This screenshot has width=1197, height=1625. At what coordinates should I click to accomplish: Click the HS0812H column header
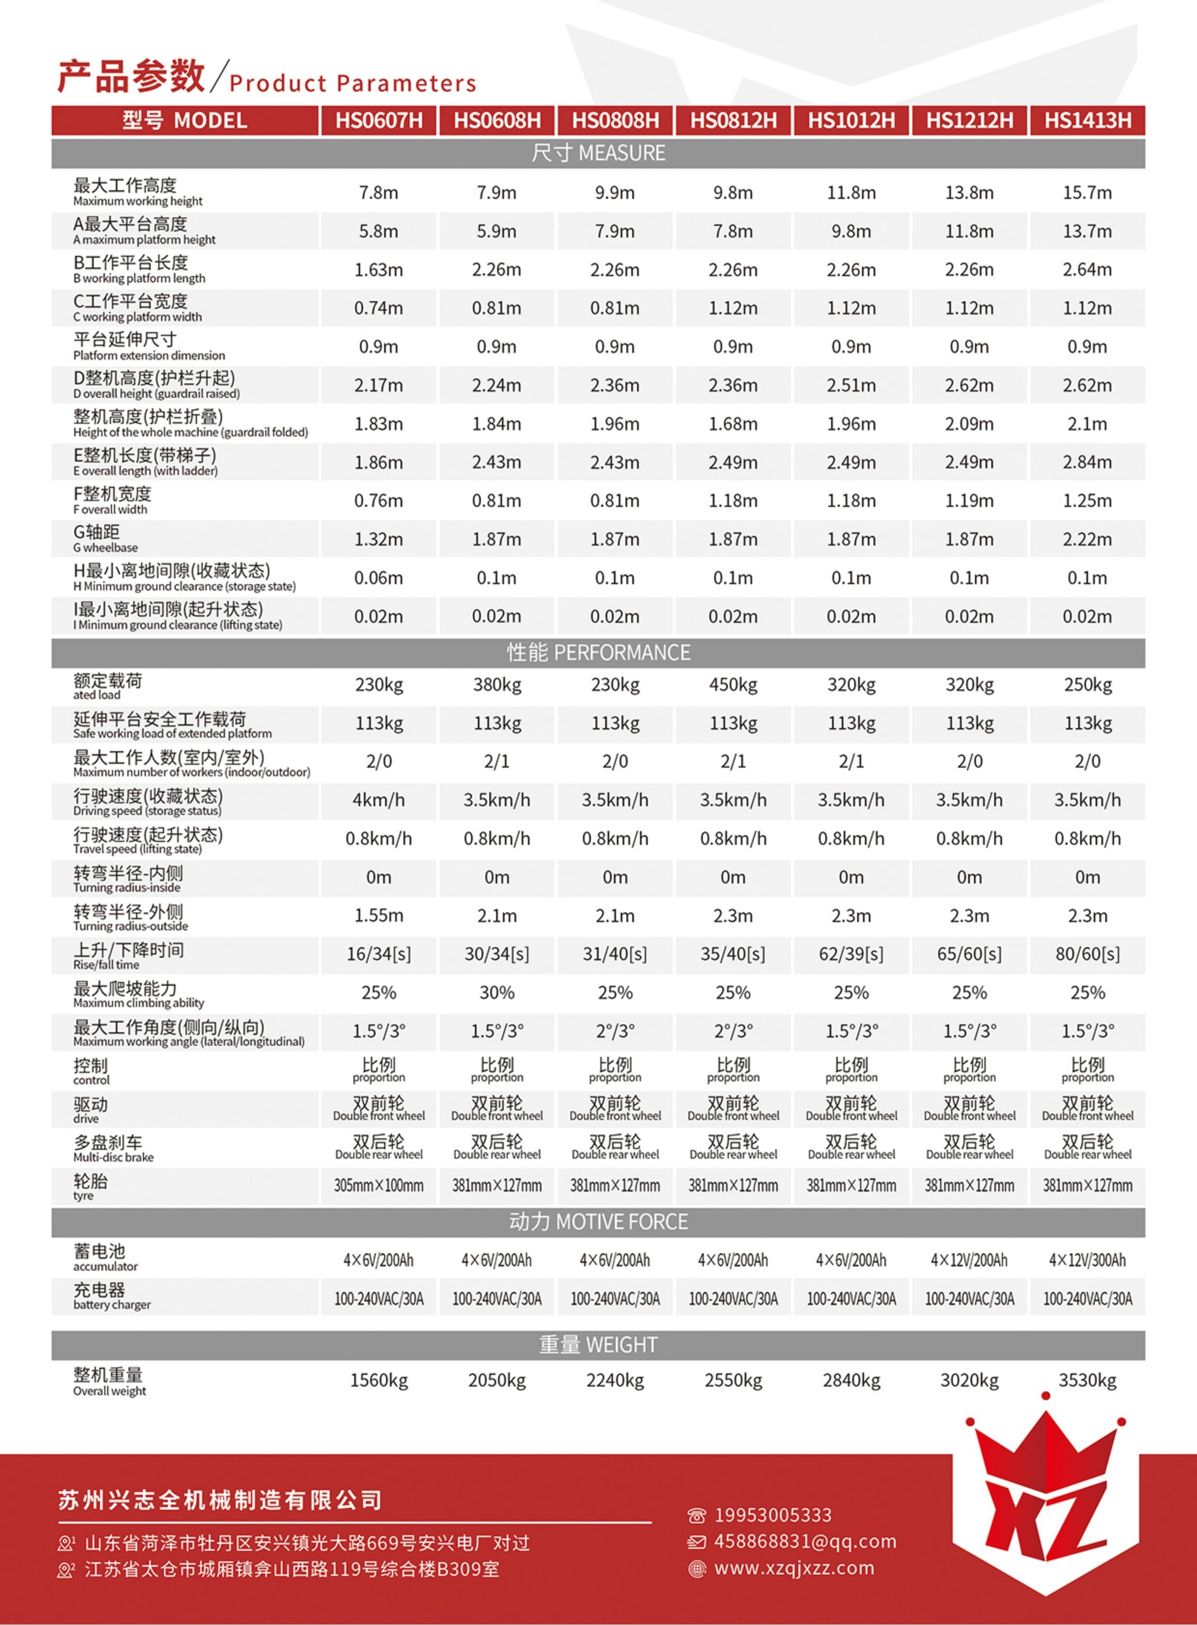click(x=733, y=120)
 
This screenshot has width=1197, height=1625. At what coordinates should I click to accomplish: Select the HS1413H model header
click(x=1087, y=120)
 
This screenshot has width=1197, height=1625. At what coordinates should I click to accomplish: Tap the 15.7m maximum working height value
click(x=1087, y=193)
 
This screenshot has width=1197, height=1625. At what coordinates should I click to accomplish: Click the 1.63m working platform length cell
click(x=378, y=269)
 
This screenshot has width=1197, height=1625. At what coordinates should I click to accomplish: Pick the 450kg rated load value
click(x=733, y=684)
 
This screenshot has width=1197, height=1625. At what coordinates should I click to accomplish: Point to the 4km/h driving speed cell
click(x=378, y=800)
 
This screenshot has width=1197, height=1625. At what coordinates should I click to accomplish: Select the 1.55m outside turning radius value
click(x=378, y=915)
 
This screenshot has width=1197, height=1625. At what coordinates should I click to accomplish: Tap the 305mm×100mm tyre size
click(x=378, y=1186)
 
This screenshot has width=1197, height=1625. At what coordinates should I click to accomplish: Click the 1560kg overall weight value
click(x=378, y=1381)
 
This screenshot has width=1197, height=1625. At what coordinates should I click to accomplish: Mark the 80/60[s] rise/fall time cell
click(x=1087, y=954)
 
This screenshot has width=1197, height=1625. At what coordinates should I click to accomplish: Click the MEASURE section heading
click(x=598, y=153)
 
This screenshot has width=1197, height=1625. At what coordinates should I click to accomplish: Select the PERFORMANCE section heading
click(x=598, y=652)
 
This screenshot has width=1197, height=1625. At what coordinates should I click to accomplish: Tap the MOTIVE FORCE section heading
click(x=598, y=1222)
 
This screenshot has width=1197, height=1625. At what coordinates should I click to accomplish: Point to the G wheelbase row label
click(x=105, y=538)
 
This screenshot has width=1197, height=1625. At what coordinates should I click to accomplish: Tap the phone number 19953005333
click(x=772, y=1515)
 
